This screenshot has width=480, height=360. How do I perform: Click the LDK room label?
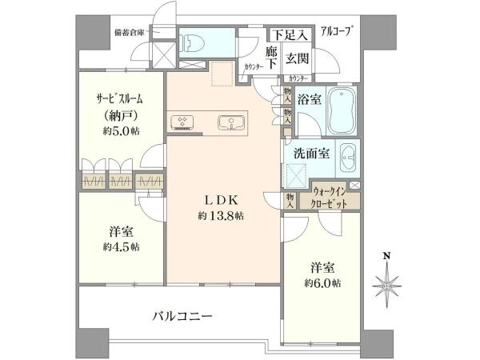(x=222, y=200)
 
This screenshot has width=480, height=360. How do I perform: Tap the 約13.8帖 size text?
(x=222, y=217)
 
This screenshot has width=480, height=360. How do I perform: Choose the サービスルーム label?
(x=120, y=99)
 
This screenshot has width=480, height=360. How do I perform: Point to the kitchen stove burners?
(x=182, y=122)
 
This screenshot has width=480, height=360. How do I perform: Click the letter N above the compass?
(x=386, y=257)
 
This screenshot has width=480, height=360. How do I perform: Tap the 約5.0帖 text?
(x=120, y=131)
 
